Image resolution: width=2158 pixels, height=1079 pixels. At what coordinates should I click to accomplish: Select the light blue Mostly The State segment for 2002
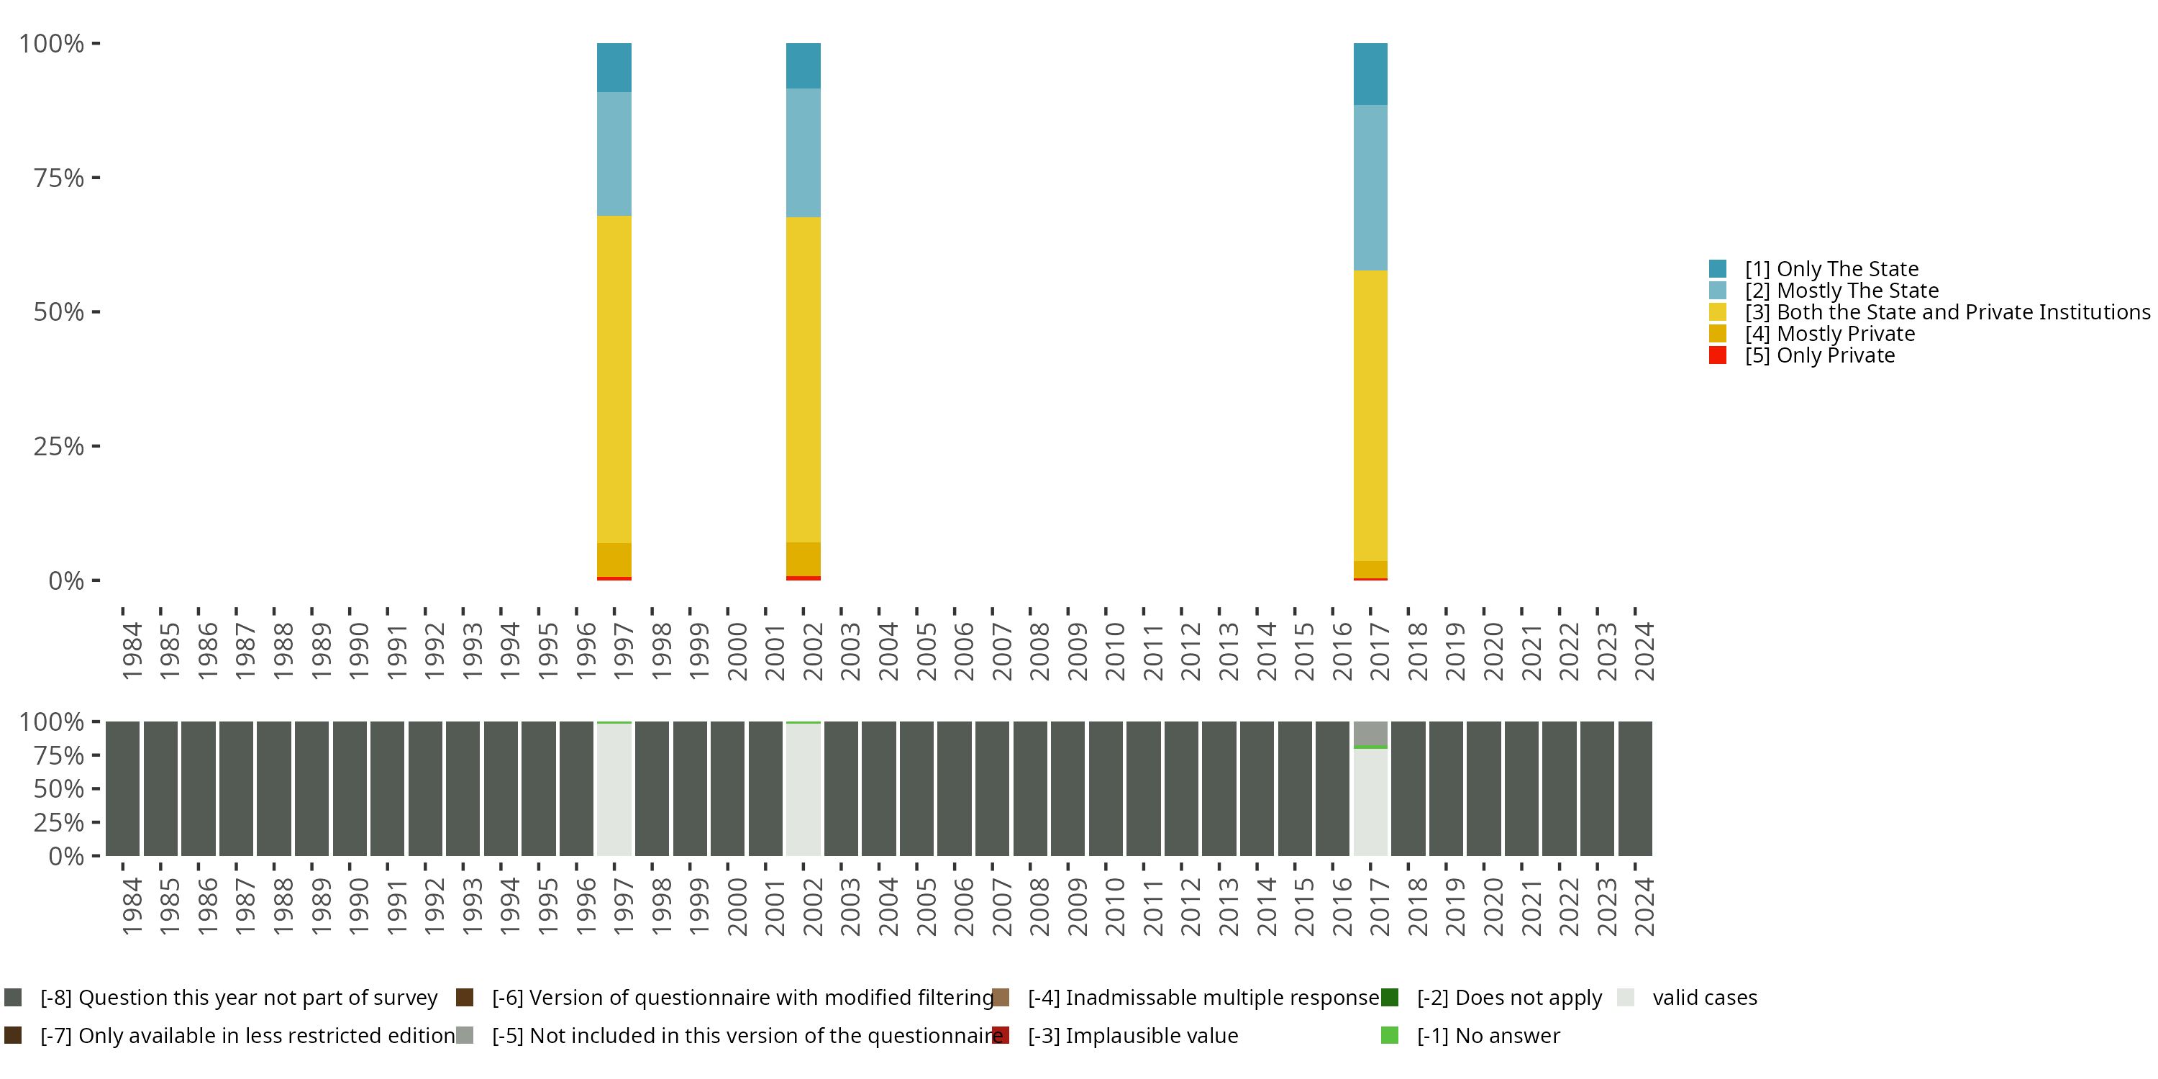pyautogui.click(x=803, y=152)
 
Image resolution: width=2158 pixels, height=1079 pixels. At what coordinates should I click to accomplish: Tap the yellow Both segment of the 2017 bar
pyautogui.click(x=1370, y=414)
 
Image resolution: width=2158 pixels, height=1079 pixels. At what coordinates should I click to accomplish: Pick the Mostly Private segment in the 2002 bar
pyautogui.click(x=803, y=559)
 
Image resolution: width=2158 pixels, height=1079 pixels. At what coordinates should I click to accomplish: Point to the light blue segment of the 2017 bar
pyautogui.click(x=1370, y=187)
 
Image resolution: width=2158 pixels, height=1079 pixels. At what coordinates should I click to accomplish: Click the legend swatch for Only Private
pyautogui.click(x=1717, y=355)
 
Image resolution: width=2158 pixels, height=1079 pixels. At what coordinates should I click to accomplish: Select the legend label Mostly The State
pyautogui.click(x=1841, y=291)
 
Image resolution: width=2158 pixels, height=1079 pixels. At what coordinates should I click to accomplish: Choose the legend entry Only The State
pyautogui.click(x=1831, y=269)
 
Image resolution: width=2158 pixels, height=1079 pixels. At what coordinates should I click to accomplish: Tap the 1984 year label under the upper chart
pyautogui.click(x=132, y=651)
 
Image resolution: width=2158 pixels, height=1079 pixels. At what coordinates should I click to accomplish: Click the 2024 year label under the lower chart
pyautogui.click(x=1644, y=906)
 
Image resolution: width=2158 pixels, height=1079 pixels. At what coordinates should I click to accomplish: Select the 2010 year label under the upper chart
pyautogui.click(x=1114, y=651)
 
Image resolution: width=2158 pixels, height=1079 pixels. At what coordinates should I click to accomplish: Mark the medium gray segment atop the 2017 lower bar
pyautogui.click(x=1370, y=732)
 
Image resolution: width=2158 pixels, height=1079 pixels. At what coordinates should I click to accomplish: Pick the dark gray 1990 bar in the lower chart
pyautogui.click(x=350, y=788)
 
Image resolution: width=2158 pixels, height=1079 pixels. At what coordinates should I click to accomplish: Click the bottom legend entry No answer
pyautogui.click(x=1488, y=1035)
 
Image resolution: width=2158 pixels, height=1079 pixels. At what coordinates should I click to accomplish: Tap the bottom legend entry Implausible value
pyautogui.click(x=1133, y=1035)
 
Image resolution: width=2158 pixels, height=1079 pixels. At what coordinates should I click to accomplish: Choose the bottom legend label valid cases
pyautogui.click(x=1704, y=998)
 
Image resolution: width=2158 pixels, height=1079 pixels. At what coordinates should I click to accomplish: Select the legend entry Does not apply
pyautogui.click(x=1508, y=998)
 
